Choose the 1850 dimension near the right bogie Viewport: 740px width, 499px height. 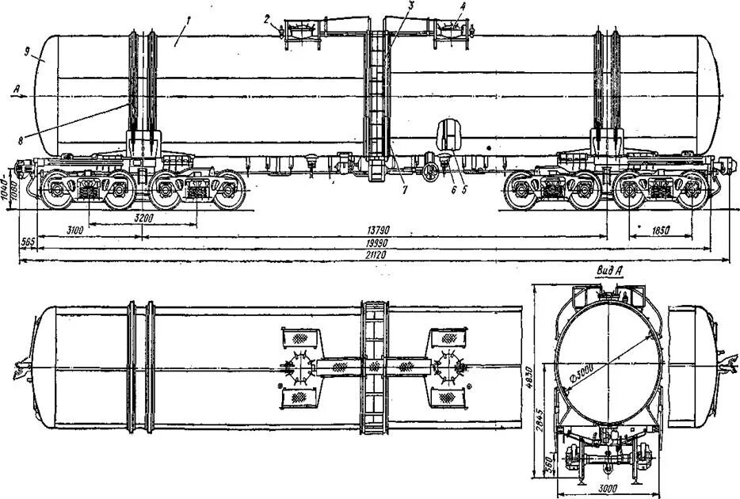(660, 230)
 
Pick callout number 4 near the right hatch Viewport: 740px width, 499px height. (463, 7)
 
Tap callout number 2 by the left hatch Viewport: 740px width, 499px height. (268, 17)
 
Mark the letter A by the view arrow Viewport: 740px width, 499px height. (17, 90)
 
